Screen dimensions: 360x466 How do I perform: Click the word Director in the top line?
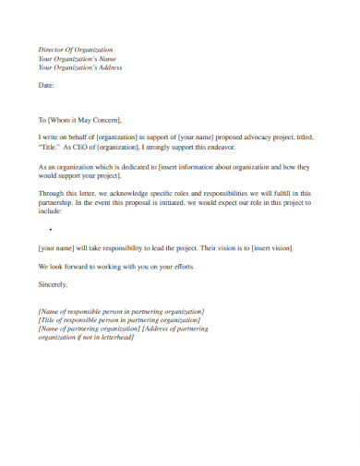(52, 49)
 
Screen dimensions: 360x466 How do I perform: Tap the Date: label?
(46, 85)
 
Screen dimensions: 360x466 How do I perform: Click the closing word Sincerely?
(53, 283)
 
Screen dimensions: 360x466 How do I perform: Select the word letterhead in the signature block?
(113, 338)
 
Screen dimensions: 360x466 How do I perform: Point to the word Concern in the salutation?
(106, 120)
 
